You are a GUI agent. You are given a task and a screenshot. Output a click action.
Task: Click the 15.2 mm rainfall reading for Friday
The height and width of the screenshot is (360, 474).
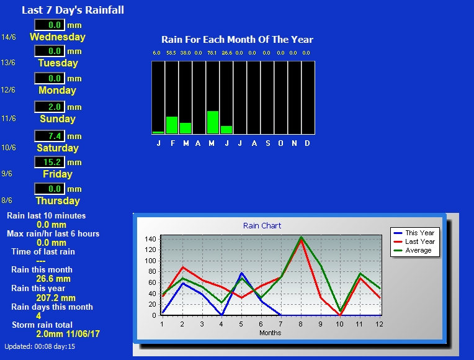tap(50, 162)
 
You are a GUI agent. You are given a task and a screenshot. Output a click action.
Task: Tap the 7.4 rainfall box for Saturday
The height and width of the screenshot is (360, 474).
tap(50, 136)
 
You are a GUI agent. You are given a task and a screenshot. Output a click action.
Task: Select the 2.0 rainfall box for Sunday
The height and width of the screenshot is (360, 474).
tap(50, 107)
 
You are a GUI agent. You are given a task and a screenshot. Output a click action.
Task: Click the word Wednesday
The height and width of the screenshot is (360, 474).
tap(58, 37)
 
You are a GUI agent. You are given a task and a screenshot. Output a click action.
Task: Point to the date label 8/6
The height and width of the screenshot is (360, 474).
tap(7, 200)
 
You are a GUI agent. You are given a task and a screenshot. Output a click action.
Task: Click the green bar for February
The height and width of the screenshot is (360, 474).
tap(172, 125)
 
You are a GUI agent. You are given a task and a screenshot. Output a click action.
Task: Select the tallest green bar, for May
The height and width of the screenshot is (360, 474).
tap(213, 122)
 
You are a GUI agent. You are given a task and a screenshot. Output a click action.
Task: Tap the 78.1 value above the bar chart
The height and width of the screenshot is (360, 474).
tap(212, 53)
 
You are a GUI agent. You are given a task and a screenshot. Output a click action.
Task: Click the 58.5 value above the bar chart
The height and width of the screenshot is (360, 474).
tap(171, 53)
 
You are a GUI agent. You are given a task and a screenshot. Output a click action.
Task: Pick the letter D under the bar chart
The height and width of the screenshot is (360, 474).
tap(307, 143)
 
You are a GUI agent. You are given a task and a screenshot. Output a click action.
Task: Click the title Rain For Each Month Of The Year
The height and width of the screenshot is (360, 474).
tap(237, 39)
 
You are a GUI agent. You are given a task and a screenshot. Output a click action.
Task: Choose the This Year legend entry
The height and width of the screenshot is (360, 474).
tap(414, 233)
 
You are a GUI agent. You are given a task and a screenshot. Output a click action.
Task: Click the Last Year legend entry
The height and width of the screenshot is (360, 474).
tap(414, 241)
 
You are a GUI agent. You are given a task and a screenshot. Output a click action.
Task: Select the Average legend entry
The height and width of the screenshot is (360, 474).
tap(413, 251)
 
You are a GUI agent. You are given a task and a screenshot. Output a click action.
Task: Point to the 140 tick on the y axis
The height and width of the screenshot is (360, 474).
tap(150, 239)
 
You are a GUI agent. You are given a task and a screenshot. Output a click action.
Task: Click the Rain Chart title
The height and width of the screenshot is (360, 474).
tap(262, 226)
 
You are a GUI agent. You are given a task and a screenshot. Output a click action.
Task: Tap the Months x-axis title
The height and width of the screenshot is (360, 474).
tap(271, 333)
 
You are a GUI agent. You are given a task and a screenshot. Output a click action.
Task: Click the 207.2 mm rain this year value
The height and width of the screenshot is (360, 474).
tap(56, 298)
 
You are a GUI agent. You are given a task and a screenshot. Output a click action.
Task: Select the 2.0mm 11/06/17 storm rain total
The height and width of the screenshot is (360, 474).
tap(68, 334)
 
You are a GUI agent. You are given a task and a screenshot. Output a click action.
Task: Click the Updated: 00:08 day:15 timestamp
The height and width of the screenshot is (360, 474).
tap(40, 346)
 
